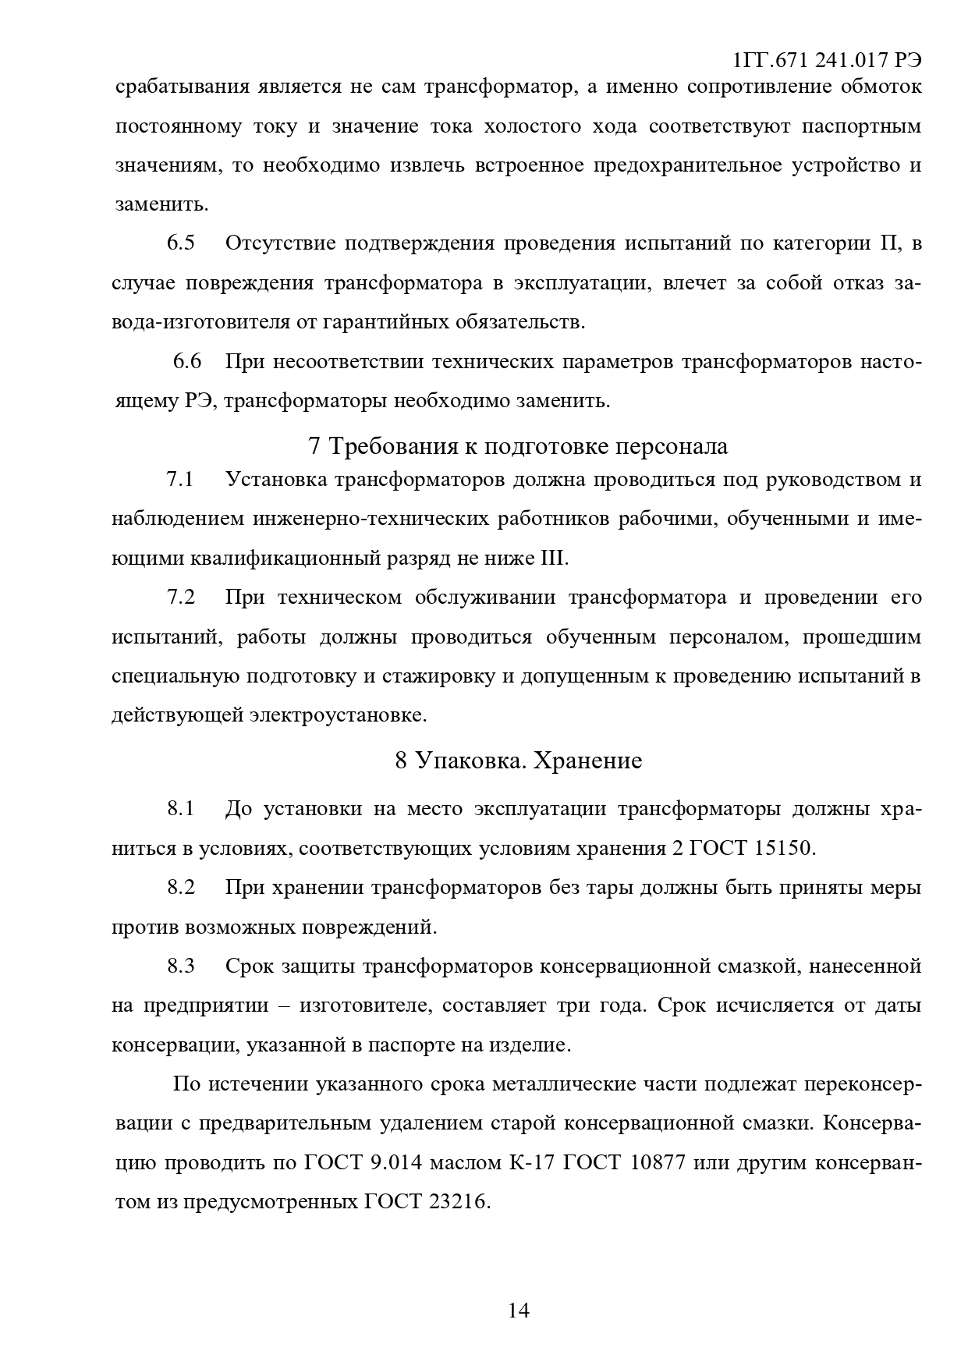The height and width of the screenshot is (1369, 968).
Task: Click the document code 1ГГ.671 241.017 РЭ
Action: [x=828, y=61]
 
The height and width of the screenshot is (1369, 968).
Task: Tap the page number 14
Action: [x=519, y=1310]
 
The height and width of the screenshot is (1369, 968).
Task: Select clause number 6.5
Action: [x=180, y=243]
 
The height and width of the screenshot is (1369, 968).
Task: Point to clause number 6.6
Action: [x=187, y=361]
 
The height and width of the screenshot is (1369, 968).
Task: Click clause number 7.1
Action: [x=180, y=479]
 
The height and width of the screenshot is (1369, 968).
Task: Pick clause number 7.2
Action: [x=180, y=598]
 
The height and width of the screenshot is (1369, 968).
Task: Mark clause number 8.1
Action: [x=180, y=809]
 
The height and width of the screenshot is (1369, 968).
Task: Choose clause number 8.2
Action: [x=180, y=888]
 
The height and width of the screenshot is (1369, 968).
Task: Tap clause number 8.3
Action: [x=180, y=966]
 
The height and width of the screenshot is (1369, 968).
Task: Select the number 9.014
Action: [x=396, y=1163]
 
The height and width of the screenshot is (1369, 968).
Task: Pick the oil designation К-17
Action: [x=532, y=1163]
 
